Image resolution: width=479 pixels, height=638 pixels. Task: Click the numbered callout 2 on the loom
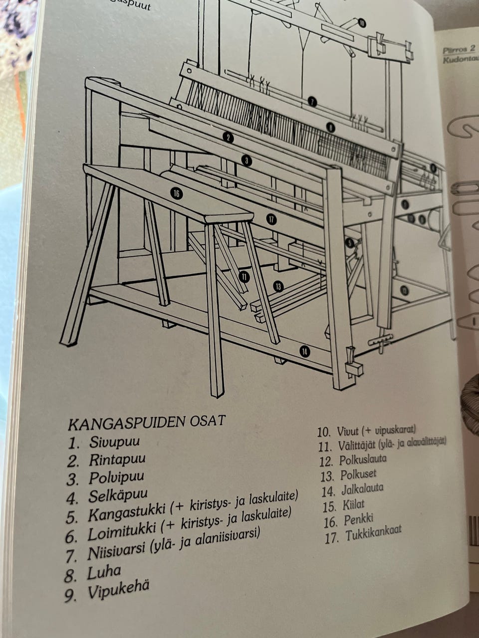[228, 138]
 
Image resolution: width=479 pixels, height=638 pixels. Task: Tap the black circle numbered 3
[246, 160]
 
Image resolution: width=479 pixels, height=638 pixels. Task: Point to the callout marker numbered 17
[271, 218]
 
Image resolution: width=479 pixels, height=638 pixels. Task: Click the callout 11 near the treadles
[243, 277]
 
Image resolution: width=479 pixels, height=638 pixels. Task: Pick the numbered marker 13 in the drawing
[278, 286]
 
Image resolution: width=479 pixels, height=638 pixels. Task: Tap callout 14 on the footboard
[304, 351]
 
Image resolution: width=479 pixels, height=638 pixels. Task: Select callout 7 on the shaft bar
[312, 102]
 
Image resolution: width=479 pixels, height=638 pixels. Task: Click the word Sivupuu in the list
[114, 442]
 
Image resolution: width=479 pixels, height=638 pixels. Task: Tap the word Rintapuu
[117, 460]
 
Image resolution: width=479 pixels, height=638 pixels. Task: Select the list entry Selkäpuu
[118, 496]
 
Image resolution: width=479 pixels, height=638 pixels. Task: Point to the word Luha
[104, 572]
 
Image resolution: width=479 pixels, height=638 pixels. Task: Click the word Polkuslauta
[363, 459]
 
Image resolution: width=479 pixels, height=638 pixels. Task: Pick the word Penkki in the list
[358, 521]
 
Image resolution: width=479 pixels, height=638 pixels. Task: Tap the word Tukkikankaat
[374, 535]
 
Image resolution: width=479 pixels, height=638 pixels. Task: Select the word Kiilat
[354, 505]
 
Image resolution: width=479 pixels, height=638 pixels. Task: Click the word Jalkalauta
[362, 489]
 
